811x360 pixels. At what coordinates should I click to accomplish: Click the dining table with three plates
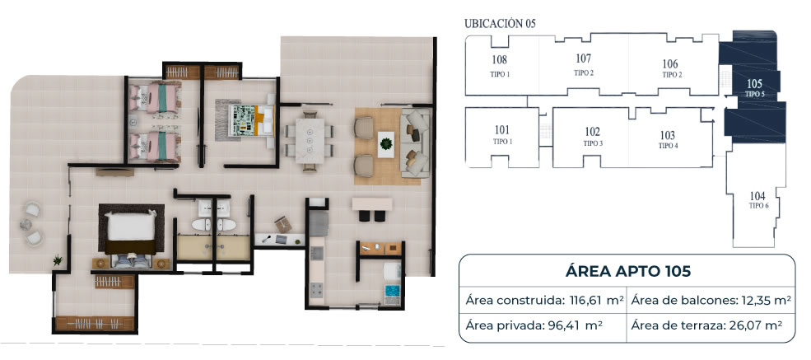310,141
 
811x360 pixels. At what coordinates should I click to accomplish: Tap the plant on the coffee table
386,140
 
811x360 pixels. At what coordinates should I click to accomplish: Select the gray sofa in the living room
415,143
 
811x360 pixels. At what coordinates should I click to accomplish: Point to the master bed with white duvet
131,234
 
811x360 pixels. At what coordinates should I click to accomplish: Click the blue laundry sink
393,292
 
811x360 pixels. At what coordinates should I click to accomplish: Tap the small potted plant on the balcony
58,260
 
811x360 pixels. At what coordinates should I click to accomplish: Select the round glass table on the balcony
26,224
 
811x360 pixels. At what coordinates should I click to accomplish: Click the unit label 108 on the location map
500,59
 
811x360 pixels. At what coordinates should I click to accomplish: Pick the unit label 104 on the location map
757,196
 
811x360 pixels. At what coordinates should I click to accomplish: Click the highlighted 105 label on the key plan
755,83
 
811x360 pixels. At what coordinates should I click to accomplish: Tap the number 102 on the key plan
593,132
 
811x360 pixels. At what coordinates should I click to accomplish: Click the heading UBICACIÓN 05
500,23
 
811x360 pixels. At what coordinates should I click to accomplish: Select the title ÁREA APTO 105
628,272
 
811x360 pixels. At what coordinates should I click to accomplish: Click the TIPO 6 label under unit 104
758,206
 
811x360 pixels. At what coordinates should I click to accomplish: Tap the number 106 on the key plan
670,64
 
